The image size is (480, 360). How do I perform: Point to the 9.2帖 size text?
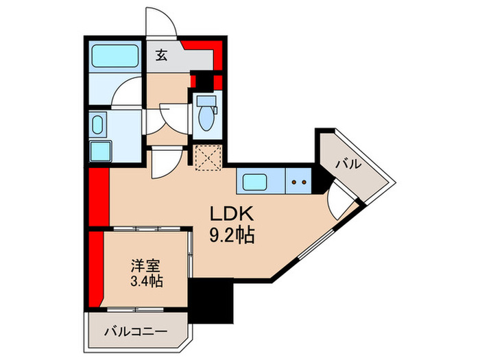[x=232, y=237]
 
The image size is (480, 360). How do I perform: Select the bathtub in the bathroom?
[x=115, y=55]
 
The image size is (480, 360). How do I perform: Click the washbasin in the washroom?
[x=97, y=125]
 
